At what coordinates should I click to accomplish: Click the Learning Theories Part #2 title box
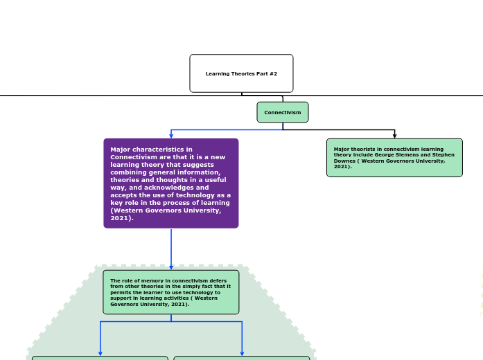click(x=241, y=73)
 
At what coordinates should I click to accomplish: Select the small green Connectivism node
click(x=283, y=112)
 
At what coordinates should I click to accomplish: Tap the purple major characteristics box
click(x=171, y=183)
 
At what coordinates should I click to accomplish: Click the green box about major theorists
click(x=394, y=158)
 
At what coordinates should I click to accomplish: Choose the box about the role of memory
click(x=171, y=292)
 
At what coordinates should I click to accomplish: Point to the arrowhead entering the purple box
click(x=171, y=136)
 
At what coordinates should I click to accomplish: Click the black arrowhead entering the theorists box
click(x=395, y=136)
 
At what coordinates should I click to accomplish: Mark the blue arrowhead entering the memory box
click(x=171, y=267)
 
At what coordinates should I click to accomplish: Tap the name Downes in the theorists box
click(x=346, y=161)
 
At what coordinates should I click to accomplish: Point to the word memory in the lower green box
click(x=148, y=281)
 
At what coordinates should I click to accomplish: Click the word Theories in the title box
click(x=244, y=73)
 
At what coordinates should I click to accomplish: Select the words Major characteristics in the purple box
click(x=142, y=150)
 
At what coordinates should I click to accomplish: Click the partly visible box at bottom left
click(x=100, y=358)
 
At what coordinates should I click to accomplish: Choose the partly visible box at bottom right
click(x=242, y=358)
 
